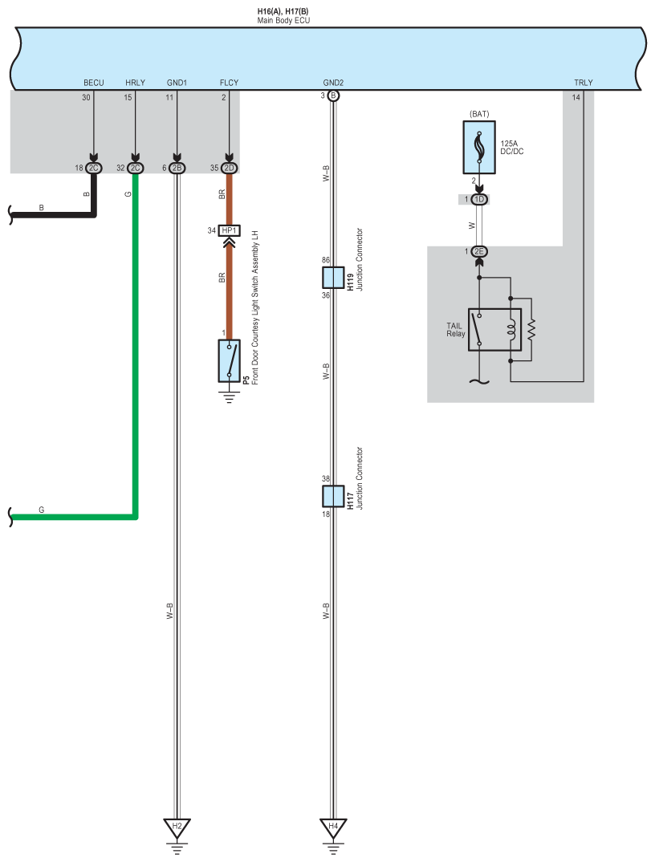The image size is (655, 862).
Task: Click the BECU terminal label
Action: pos(94,83)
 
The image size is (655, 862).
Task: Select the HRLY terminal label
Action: pos(136,83)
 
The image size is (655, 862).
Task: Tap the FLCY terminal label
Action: pos(229,83)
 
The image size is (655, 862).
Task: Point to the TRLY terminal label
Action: pos(583,83)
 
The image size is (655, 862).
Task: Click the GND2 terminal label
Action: pos(333,83)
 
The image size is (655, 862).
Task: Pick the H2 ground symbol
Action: pos(177,827)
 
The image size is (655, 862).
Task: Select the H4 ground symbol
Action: pos(333,827)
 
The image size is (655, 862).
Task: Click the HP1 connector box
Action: pos(230,231)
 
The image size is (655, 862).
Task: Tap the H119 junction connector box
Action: pos(333,278)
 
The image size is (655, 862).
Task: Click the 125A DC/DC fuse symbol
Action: pos(479,148)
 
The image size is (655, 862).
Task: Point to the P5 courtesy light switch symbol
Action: pos(230,361)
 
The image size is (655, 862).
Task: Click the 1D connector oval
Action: pos(479,199)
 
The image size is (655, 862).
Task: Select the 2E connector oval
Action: pos(479,252)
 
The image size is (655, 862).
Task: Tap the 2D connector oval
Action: pos(230,169)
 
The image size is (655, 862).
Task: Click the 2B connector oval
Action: pos(177,169)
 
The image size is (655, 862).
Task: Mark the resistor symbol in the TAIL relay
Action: pos(531,329)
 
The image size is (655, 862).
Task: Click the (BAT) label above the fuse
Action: pos(479,114)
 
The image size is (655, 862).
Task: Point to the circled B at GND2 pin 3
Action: pos(333,96)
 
